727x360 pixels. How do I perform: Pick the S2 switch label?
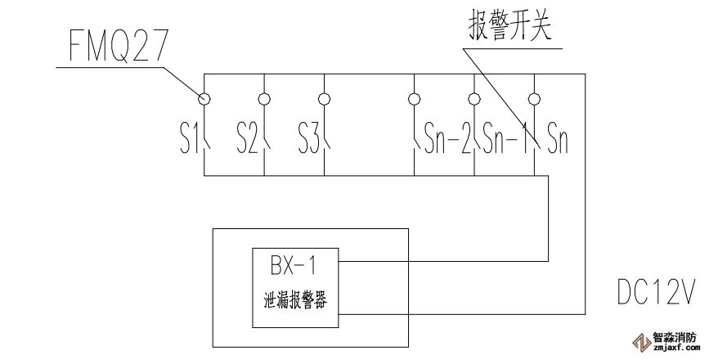[247, 139]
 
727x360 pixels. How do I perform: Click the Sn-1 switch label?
[505, 139]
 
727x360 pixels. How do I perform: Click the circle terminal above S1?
[203, 100]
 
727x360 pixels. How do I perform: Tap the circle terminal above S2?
[263, 100]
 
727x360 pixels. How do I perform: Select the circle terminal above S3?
[324, 100]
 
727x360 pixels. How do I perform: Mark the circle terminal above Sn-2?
[415, 100]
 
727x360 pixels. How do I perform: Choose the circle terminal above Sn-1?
[473, 100]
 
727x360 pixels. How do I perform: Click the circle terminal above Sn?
[534, 100]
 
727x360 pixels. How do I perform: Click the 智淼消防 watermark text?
[675, 335]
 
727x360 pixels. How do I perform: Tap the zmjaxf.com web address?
[675, 347]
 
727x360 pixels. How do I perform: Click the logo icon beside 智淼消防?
[639, 340]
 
